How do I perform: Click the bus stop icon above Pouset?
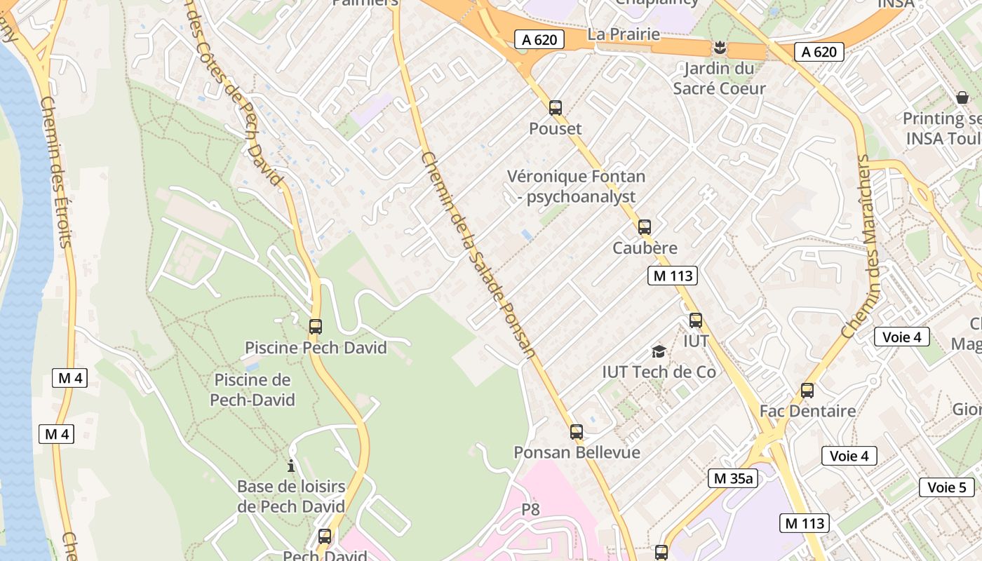(556, 108)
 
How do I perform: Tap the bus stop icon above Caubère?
(645, 227)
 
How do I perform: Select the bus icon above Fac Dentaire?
(807, 391)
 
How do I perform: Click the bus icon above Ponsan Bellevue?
(577, 432)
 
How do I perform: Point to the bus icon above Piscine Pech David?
(316, 327)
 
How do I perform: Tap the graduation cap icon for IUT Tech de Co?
(659, 351)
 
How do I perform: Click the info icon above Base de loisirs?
(291, 466)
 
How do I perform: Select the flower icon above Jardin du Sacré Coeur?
(719, 48)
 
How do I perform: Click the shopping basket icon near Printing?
(962, 97)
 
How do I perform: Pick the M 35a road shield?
(733, 478)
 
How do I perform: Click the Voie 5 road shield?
(947, 487)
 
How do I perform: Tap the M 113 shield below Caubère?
(673, 276)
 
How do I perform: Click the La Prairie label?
(624, 34)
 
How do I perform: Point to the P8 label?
(531, 509)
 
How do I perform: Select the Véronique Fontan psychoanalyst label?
(576, 187)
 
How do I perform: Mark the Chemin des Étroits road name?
(56, 172)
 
